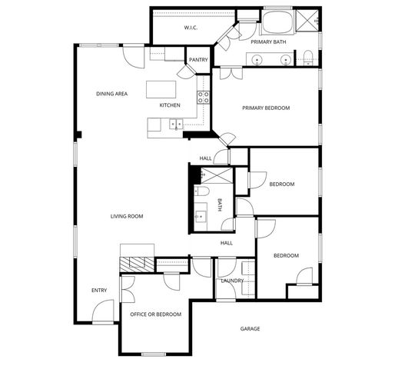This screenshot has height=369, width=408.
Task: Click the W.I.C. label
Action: tap(191, 28)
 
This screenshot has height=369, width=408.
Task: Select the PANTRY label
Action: tap(198, 59)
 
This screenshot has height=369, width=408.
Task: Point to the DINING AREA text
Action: tap(111, 94)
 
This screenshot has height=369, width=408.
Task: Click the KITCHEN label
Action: tap(170, 105)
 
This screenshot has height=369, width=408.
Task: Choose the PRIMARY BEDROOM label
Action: tap(266, 108)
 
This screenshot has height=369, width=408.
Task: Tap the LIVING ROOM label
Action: tap(127, 216)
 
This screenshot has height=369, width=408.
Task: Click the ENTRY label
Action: tap(99, 290)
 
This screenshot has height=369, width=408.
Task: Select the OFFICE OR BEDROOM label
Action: tap(156, 314)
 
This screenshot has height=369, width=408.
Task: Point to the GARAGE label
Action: tap(250, 328)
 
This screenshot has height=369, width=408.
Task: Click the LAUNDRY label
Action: tap(232, 281)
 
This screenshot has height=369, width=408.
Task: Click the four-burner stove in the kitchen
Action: tap(204, 97)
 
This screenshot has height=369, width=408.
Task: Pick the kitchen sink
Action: tap(176, 123)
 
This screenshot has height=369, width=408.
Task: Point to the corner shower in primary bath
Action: tap(310, 20)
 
